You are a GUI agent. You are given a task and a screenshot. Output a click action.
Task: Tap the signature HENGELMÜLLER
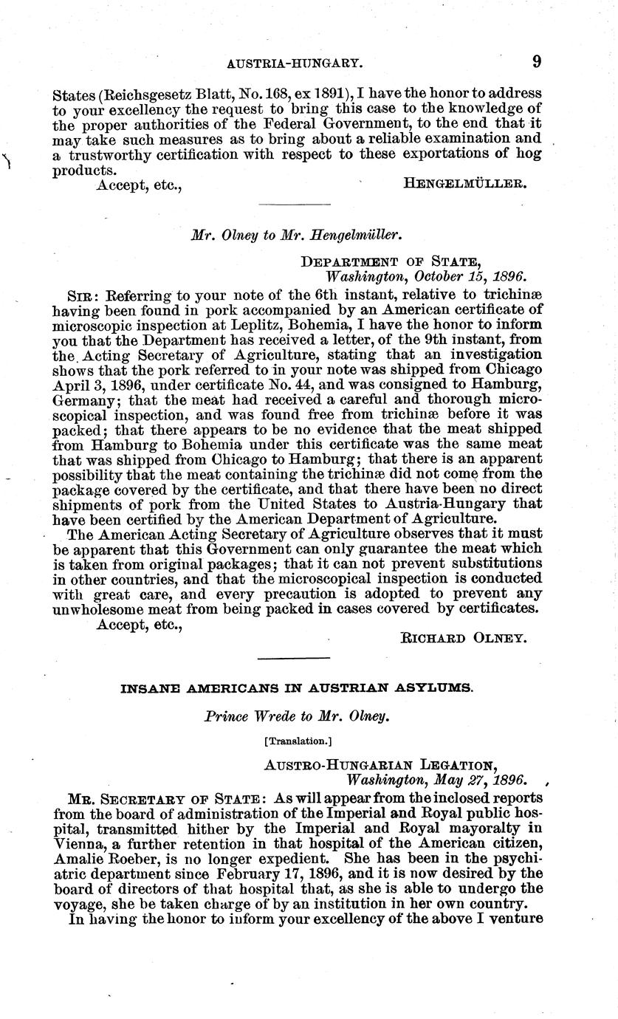coord(465,184)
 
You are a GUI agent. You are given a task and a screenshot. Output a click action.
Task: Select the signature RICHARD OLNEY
coord(464,637)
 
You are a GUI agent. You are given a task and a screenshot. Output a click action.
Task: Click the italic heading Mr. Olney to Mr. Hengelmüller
coord(296,236)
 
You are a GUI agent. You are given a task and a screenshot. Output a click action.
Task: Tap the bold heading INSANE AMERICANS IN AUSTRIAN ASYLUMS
coord(296,687)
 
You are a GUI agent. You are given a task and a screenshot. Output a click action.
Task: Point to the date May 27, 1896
coord(476,780)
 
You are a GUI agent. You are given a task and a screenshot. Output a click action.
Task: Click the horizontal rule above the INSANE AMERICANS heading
coord(295,657)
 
